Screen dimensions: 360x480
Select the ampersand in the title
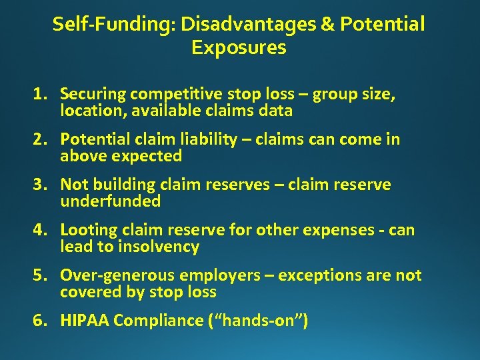pos(328,25)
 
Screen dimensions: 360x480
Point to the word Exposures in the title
pos(238,48)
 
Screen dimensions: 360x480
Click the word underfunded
pos(110,201)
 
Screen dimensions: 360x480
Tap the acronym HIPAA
pos(85,321)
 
